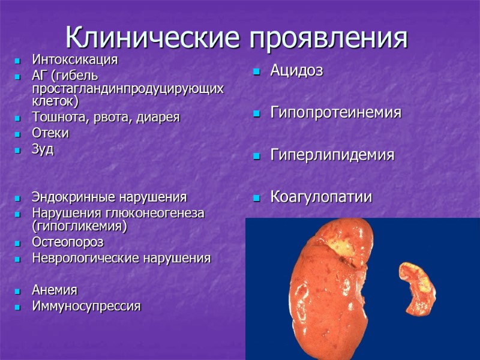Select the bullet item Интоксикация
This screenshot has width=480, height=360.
pos(74,60)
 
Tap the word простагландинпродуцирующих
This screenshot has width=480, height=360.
pos(128,88)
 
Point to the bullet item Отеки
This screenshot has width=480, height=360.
pos(50,133)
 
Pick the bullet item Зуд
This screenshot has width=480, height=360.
pos(43,149)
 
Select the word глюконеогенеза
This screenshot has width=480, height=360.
pos(161,213)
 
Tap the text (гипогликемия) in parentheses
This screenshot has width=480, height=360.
pos(80,226)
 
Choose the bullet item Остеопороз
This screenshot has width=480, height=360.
pos(67,242)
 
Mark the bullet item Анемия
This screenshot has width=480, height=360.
pos(55,290)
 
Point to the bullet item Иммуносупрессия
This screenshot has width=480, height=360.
pos(86,307)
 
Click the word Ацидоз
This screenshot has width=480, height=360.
pos(296,71)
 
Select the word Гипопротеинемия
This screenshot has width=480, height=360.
pos(335,113)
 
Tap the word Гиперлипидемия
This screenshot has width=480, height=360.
pos(332,155)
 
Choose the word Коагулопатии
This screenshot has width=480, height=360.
pos(321,197)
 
